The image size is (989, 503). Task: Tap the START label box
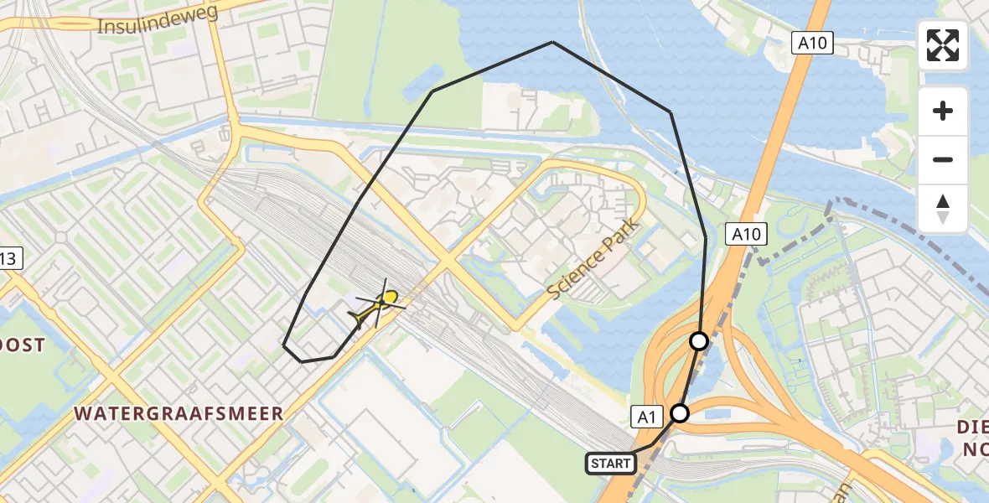[609, 464]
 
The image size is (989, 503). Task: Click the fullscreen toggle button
[943, 45]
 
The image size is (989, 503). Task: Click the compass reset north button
[943, 209]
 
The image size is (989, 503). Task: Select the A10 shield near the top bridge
[812, 43]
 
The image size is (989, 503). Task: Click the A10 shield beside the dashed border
[745, 234]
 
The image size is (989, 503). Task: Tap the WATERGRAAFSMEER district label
[179, 413]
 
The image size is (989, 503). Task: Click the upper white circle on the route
[699, 341]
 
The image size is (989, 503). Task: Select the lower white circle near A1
[680, 413]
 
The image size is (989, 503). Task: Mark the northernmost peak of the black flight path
[552, 42]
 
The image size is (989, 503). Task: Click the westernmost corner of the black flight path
[284, 345]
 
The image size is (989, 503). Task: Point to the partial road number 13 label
[8, 261]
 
